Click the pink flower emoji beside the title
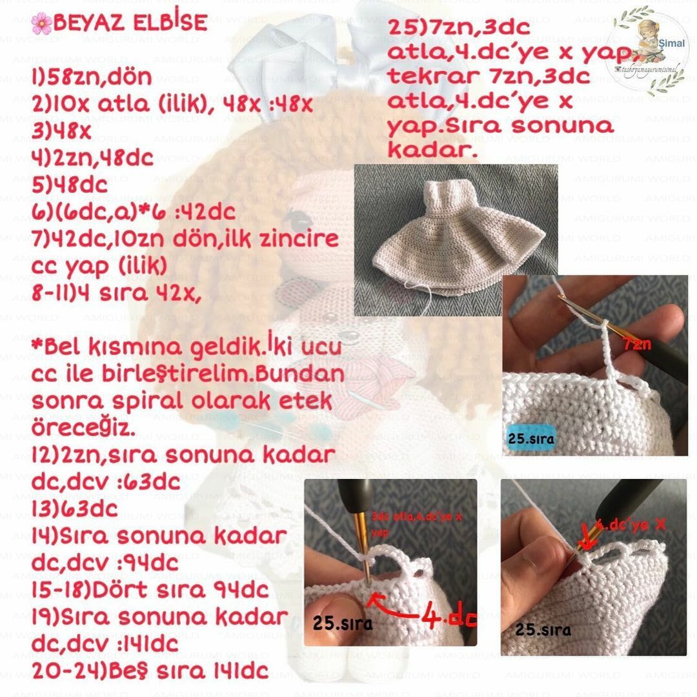tap(41, 24)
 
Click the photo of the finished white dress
tap(456, 231)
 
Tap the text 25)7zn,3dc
tap(459, 28)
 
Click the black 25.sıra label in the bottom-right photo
tap(543, 629)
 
